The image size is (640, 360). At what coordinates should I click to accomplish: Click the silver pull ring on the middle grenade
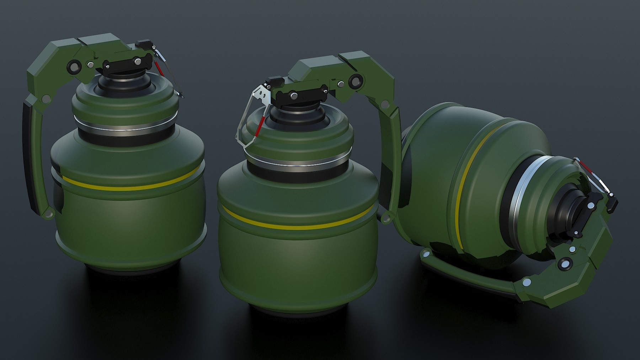tap(245, 121)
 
